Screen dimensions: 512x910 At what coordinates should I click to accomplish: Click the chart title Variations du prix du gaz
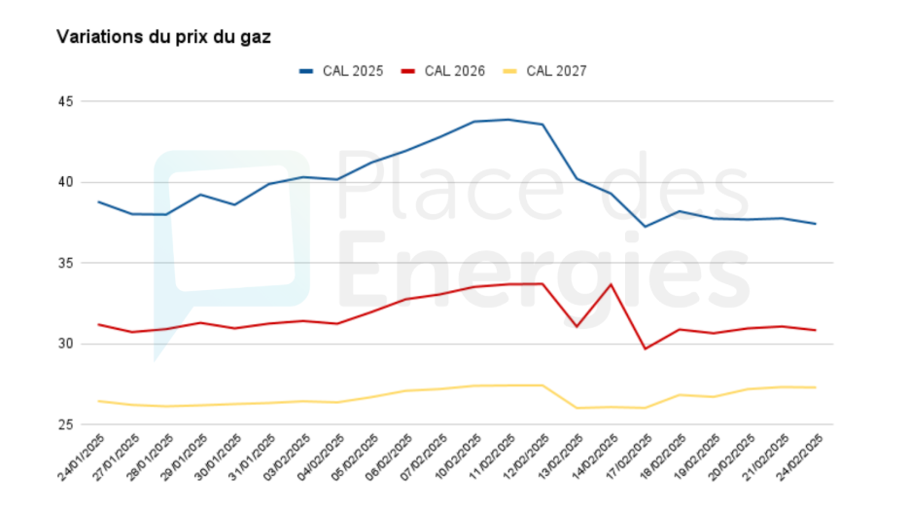(163, 37)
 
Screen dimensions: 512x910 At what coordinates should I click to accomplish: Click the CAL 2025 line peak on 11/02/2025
(508, 120)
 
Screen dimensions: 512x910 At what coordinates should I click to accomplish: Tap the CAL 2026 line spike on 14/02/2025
(611, 284)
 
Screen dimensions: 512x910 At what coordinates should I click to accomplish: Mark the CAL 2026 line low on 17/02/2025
(645, 348)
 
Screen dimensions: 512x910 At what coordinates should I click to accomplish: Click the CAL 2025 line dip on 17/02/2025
(645, 227)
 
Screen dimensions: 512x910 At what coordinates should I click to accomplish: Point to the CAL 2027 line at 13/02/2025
(577, 408)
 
